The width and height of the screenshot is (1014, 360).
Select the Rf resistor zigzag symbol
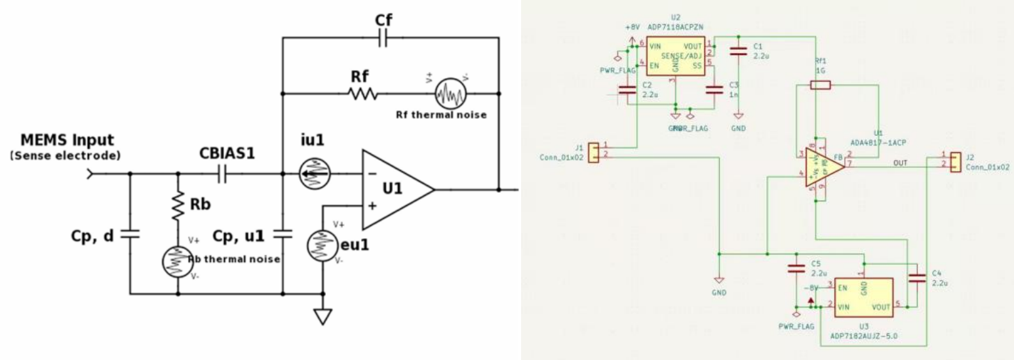(x=364, y=94)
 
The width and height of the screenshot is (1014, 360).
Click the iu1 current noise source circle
(x=315, y=174)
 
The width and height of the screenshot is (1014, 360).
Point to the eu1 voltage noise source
(x=322, y=245)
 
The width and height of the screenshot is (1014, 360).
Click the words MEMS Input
(x=67, y=140)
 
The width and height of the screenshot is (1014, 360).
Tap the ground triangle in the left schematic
(x=322, y=317)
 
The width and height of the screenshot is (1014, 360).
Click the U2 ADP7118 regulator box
(x=675, y=57)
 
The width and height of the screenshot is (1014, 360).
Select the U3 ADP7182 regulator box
(x=863, y=296)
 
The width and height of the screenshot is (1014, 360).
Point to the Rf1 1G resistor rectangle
(x=820, y=85)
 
